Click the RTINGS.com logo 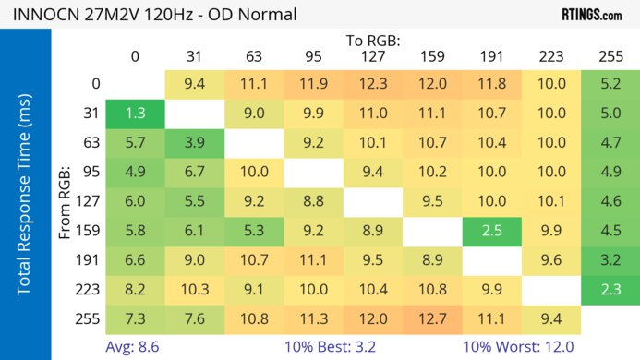(592, 14)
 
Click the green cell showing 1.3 (135, 114)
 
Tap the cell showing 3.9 (194, 142)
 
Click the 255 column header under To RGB (610, 57)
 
